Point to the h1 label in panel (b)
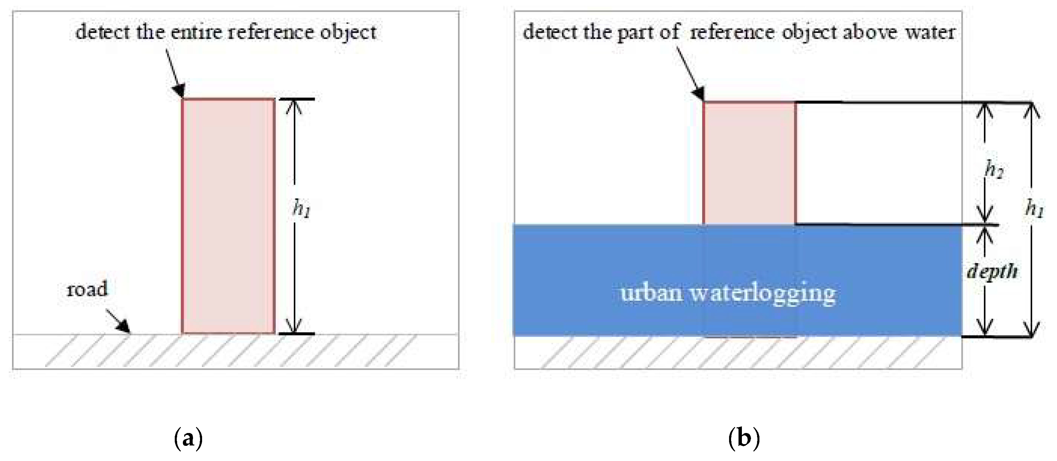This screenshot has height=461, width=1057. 1034,208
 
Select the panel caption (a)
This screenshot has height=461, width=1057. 188,438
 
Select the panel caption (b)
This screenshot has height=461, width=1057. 744,438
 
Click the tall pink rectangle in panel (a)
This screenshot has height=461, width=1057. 228,216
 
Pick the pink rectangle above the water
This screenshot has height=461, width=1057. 749,163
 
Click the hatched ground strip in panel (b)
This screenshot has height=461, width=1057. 739,353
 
